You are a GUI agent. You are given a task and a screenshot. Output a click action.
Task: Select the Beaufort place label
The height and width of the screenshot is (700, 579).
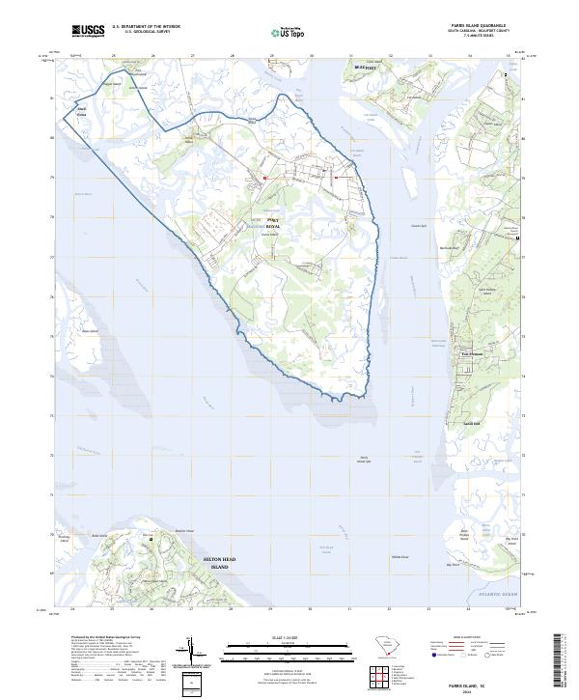[364, 68]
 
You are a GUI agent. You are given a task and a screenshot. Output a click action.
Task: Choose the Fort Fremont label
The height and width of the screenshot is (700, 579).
[470, 352]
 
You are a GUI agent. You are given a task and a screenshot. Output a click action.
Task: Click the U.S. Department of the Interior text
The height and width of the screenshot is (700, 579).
[146, 26]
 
